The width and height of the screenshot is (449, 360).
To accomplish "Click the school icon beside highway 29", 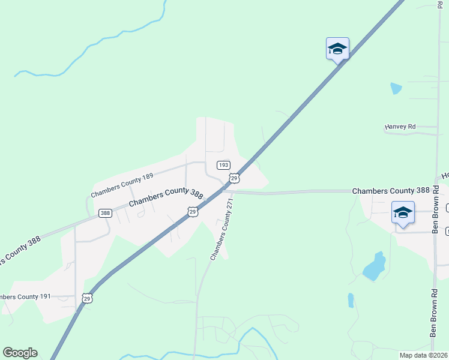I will point(337,49).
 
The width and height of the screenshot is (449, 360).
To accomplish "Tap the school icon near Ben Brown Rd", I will point(403,212).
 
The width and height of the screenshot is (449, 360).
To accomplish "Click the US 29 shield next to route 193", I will point(234,178).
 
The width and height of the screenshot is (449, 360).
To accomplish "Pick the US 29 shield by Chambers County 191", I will point(88,298).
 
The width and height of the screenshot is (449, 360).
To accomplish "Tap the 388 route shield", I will point(106,213).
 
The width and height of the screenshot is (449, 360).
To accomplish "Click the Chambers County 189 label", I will point(122,185).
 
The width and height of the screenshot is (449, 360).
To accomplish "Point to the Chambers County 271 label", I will point(221,230).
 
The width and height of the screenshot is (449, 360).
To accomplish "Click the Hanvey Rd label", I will point(400,127).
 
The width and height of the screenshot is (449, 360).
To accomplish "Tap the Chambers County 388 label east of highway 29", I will point(391,191).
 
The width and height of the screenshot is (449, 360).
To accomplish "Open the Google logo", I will point(20,353).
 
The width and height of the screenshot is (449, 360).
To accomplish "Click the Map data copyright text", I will point(423,355).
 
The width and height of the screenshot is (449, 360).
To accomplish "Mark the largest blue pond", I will point(375,266).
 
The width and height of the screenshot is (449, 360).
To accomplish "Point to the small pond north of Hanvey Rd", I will point(396,88).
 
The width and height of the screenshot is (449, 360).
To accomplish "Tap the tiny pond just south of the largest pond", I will point(351,300).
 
